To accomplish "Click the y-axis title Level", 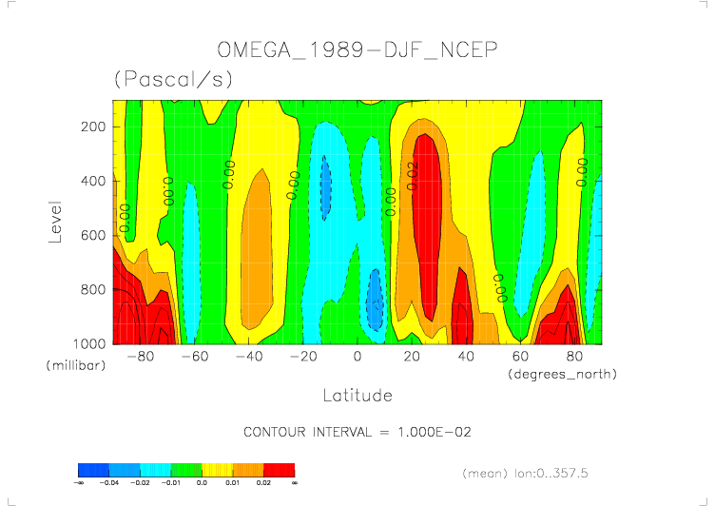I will (x=55, y=221).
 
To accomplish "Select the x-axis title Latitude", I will (x=357, y=395).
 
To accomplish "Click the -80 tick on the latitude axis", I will (x=141, y=357).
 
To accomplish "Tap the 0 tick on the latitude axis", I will (x=357, y=357).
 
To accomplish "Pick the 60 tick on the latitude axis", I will (x=520, y=357).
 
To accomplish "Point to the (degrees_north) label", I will (x=563, y=375).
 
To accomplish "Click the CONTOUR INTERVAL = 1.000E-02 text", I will (x=357, y=432).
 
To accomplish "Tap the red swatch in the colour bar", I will (x=280, y=470).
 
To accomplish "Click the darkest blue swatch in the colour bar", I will (x=93, y=470).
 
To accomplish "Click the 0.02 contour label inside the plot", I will (x=413, y=175).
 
